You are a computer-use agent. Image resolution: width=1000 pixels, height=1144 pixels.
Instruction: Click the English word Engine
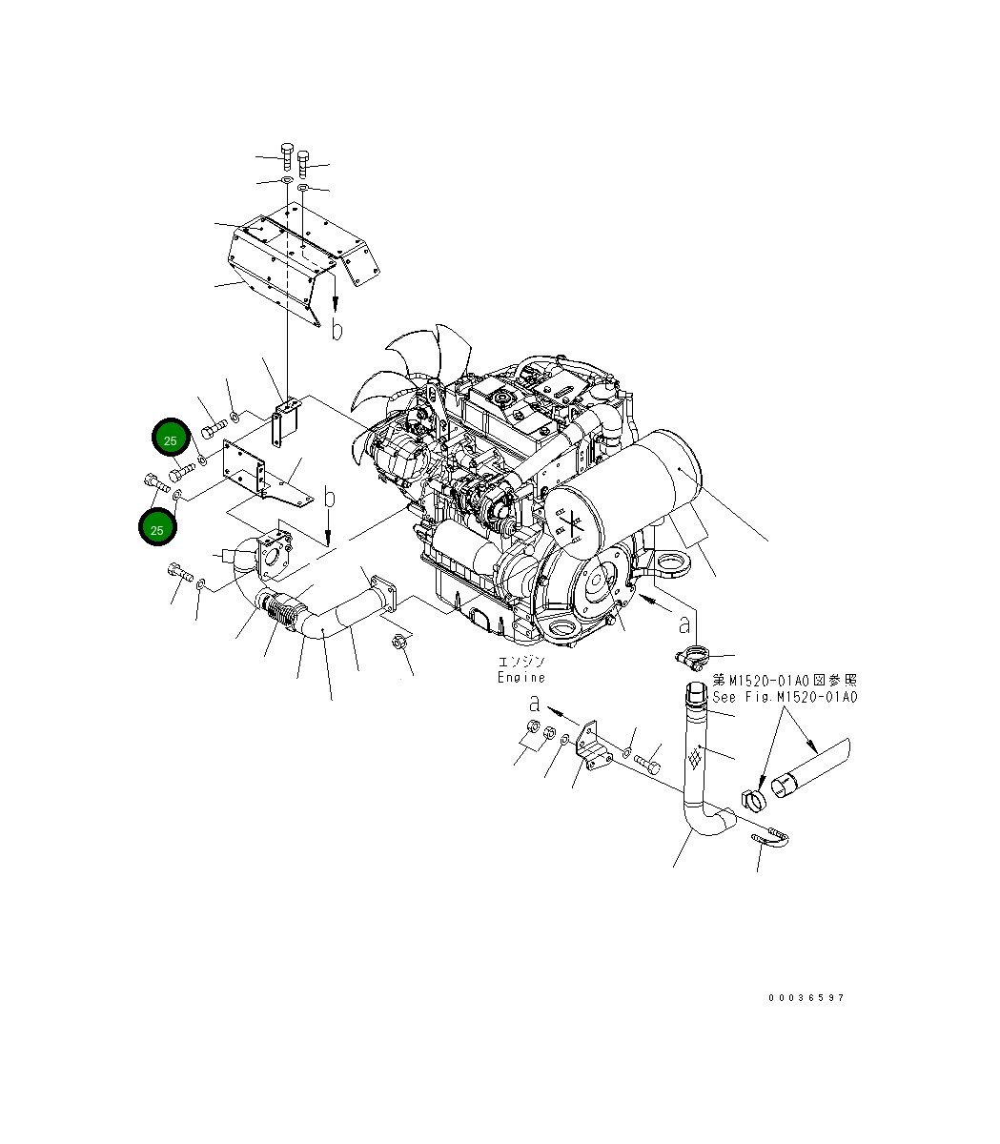coord(520,677)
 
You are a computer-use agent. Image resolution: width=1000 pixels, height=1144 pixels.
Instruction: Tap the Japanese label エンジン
coord(520,662)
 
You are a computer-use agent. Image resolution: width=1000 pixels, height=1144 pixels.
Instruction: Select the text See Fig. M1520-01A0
coord(785,697)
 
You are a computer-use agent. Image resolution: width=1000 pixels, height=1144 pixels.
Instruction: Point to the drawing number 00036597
coord(806,998)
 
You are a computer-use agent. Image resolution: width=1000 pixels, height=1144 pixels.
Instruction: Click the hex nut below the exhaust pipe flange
coord(398,642)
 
